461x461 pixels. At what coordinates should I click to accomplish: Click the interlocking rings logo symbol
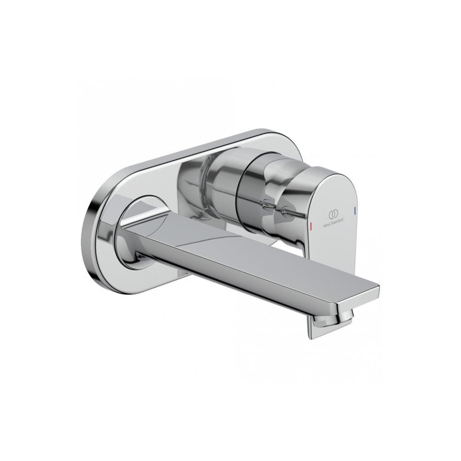(333, 214)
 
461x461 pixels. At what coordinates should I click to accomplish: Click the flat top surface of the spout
(257, 250)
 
